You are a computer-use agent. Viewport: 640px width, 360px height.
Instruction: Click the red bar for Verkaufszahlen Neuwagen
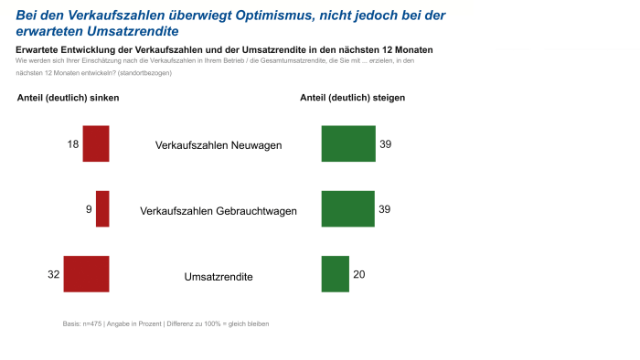96,143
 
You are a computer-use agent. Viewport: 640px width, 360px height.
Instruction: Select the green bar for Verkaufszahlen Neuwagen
348,143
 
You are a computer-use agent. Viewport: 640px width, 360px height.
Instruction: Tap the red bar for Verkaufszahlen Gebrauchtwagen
102,208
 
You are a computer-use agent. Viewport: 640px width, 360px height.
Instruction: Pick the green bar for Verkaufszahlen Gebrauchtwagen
348,208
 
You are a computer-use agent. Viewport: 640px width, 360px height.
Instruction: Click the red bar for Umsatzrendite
86,274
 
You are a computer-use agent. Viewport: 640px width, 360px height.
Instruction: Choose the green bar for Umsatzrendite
336,274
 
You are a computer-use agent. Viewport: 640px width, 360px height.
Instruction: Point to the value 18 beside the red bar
73,144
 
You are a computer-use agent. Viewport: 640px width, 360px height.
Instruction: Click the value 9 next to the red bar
89,209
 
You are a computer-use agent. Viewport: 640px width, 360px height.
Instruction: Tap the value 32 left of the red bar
53,275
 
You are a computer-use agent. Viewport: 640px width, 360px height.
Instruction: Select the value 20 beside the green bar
359,275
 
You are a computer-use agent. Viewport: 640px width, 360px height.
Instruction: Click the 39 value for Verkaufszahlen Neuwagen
386,144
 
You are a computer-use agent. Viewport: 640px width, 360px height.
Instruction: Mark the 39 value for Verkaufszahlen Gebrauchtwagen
385,209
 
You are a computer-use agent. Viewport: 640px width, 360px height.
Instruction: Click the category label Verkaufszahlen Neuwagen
219,145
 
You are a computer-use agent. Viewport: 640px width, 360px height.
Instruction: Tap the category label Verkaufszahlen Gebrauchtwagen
219,211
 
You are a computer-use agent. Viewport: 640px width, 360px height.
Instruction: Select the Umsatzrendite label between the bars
219,276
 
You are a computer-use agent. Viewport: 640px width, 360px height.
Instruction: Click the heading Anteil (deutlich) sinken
69,98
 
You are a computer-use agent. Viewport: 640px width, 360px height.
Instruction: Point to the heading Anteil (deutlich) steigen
353,98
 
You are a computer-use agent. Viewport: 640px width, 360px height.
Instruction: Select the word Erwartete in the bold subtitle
40,48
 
